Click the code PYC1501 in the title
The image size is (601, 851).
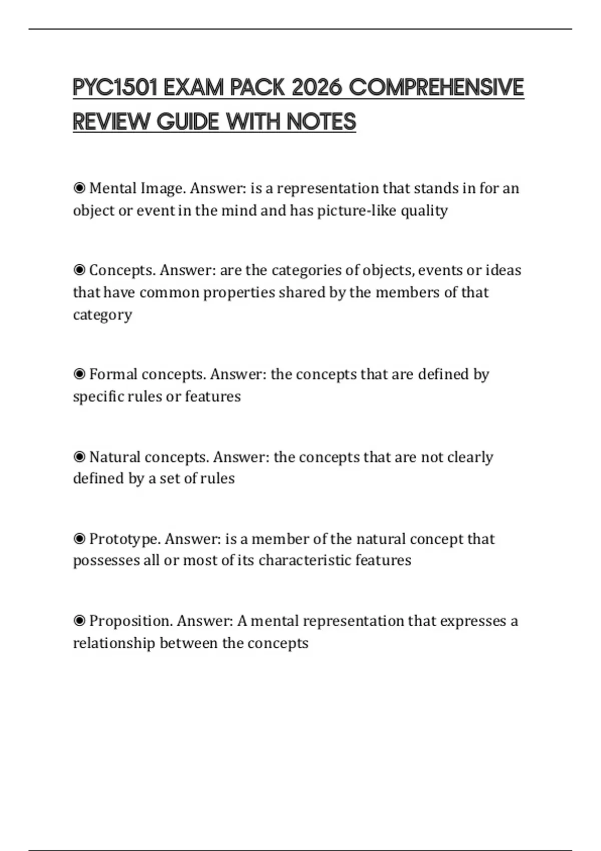[115, 88]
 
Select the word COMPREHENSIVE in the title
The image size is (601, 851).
[436, 88]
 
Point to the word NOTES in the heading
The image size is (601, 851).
[322, 122]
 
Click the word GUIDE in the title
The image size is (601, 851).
[188, 122]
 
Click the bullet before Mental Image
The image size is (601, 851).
[79, 188]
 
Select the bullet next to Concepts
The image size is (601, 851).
[79, 270]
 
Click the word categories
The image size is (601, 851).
[309, 270]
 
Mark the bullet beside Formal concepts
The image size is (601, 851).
[79, 374]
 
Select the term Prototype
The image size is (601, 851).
[125, 539]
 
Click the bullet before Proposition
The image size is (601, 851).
[79, 621]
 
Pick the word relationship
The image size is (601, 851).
[114, 643]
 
